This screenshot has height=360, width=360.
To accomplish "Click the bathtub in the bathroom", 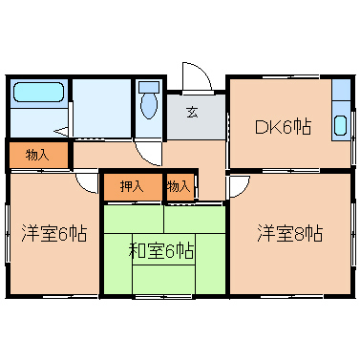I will pyautogui.click(x=38, y=95).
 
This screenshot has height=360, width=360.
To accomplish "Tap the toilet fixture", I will pyautogui.click(x=147, y=103).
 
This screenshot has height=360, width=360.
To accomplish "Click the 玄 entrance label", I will pyautogui.click(x=192, y=112).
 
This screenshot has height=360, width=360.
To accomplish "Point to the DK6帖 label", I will pyautogui.click(x=282, y=126).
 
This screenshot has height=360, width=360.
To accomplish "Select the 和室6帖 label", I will pyautogui.click(x=162, y=251).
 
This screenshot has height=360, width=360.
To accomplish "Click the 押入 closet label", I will pyautogui.click(x=132, y=186).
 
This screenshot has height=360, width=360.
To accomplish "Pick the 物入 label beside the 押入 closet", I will pyautogui.click(x=179, y=186).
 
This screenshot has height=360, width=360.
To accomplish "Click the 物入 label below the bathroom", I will pyautogui.click(x=37, y=154).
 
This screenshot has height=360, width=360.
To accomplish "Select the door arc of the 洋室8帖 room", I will pyautogui.click(x=238, y=184).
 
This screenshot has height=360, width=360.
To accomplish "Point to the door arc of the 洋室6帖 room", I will pyautogui.click(x=86, y=181).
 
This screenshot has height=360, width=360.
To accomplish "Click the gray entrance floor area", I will pyautogui.click(x=196, y=119).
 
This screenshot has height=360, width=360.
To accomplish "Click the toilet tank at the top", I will pyautogui.click(x=147, y=87).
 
